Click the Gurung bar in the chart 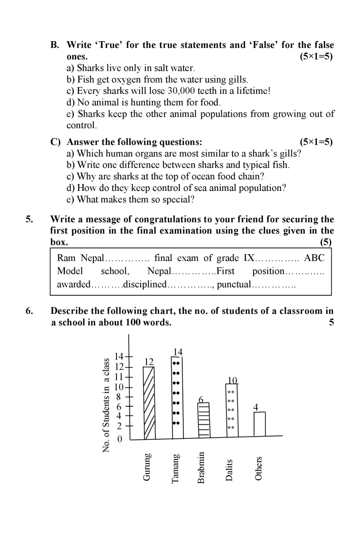pyautogui.click(x=150, y=403)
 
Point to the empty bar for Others pyautogui.click(x=259, y=424)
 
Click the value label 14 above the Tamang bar pyautogui.click(x=178, y=353)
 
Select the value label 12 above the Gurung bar pyautogui.click(x=149, y=362)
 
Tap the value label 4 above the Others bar pyautogui.click(x=256, y=407)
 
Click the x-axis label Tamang pyautogui.click(x=176, y=467)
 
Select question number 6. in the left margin pyautogui.click(x=29, y=311)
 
